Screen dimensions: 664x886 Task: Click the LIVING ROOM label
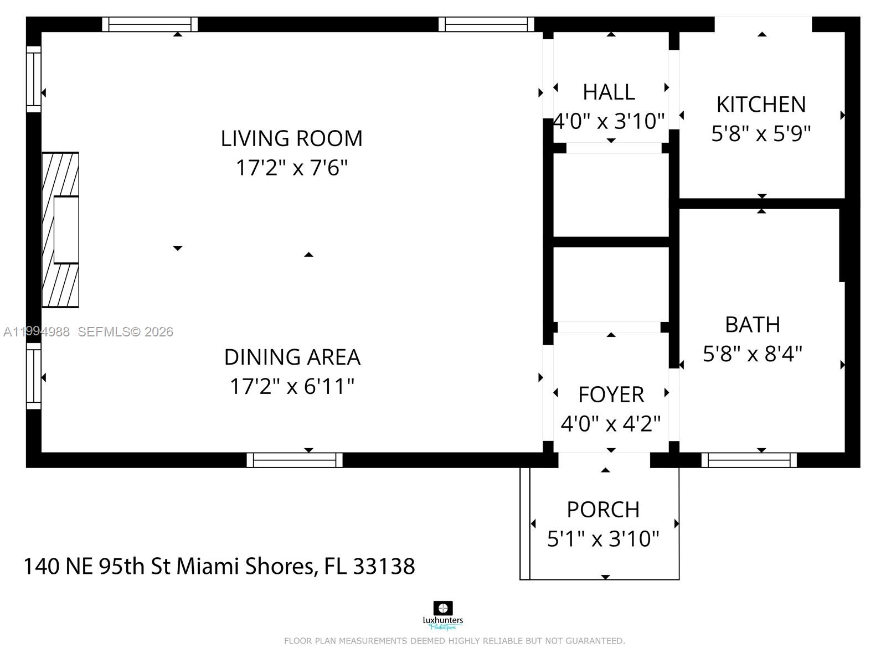tap(291, 138)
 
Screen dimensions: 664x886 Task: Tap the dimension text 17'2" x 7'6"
tap(291, 167)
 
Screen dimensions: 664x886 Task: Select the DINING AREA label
tap(292, 357)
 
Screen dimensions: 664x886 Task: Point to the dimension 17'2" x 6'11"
tap(292, 386)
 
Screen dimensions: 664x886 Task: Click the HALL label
tap(609, 92)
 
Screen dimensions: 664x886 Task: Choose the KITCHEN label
tap(761, 105)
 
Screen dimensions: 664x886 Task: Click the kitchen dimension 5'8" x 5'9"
tap(761, 133)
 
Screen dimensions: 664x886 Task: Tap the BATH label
tap(752, 325)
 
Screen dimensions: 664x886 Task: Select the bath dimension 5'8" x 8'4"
tap(752, 354)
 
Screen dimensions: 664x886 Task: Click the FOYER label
tap(611, 395)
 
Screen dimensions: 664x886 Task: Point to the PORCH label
tap(603, 510)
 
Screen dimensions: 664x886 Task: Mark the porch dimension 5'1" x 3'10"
tap(603, 538)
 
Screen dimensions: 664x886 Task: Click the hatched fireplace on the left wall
tap(60, 230)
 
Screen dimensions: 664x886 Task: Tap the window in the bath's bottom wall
tap(749, 460)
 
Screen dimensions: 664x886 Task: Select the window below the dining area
tap(294, 460)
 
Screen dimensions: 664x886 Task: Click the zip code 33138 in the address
tap(384, 566)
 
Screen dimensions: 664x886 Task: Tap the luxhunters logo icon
tap(442, 608)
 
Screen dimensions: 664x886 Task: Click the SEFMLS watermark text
tap(125, 332)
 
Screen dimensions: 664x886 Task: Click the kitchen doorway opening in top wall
tap(763, 24)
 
